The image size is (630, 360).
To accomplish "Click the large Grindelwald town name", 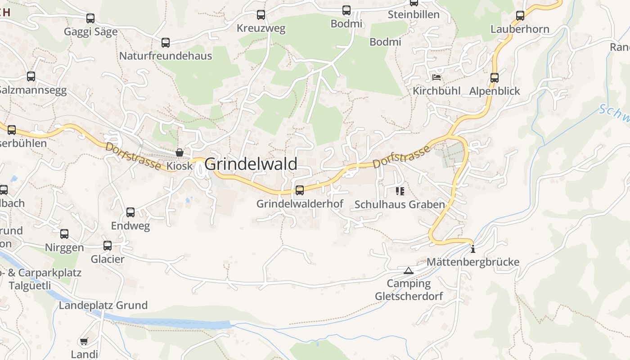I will (x=251, y=164).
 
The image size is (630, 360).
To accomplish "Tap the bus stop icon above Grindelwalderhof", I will (x=300, y=190).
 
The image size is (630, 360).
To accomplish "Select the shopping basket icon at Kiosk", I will (x=180, y=153).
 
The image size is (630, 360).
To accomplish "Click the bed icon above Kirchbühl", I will (x=436, y=77).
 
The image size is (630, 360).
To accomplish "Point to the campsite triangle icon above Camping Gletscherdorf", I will (x=408, y=270).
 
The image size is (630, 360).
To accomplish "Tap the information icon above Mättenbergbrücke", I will (x=472, y=249).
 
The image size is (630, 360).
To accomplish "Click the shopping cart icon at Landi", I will (x=84, y=342).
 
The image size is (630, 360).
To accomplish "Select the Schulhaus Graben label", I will (x=400, y=204).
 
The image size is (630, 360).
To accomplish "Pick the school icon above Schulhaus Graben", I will (x=400, y=191).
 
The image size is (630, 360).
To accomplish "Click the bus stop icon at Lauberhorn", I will (x=520, y=16).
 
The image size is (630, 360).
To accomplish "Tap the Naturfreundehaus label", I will (x=165, y=56).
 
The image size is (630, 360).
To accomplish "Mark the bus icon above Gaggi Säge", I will (x=90, y=18).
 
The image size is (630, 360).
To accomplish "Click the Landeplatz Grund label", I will (x=103, y=306).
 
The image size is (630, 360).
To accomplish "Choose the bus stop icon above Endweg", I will (x=130, y=212).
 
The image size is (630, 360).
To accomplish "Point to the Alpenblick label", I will (x=495, y=91).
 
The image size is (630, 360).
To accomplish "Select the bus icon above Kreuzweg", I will (x=261, y=15).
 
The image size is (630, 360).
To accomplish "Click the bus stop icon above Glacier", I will (x=108, y=246).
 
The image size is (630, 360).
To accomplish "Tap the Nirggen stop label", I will (x=64, y=247).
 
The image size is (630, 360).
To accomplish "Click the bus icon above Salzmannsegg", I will (x=31, y=76).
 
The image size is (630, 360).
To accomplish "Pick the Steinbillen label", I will (x=414, y=14).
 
